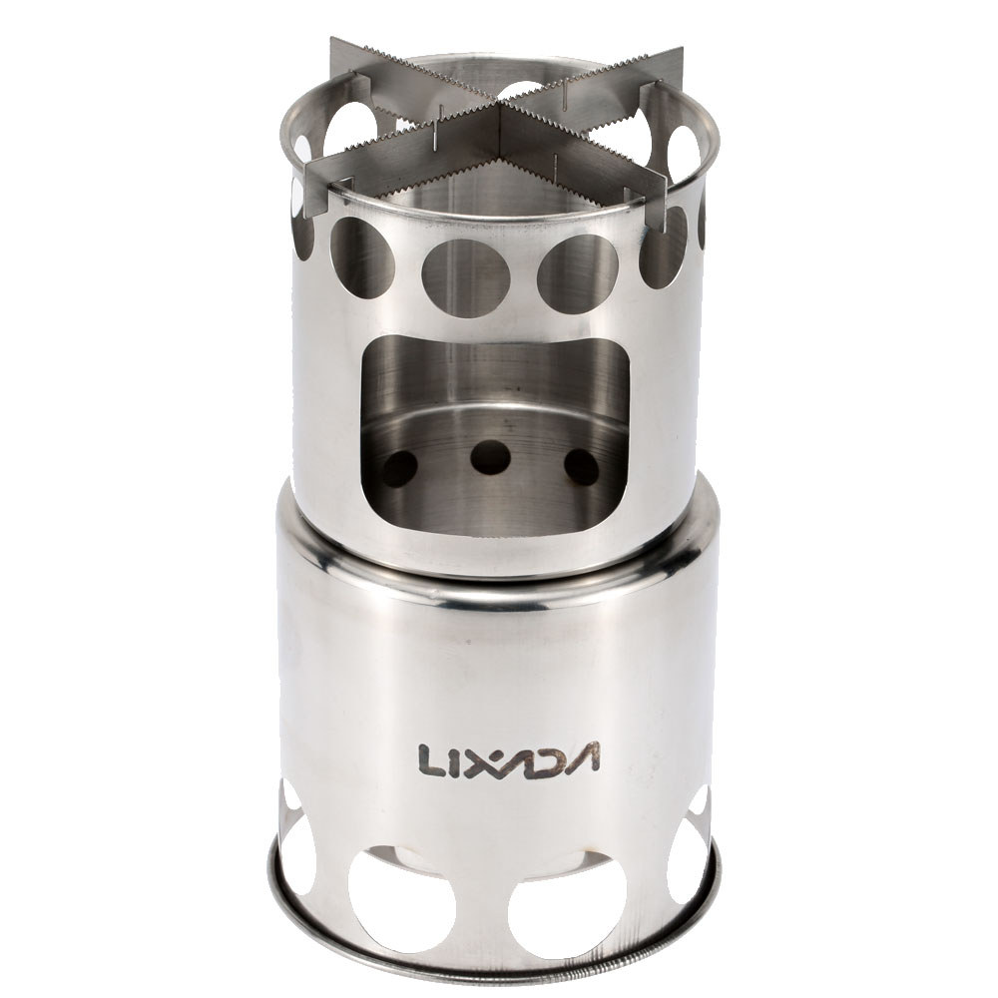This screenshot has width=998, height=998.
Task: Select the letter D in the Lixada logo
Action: [548, 758]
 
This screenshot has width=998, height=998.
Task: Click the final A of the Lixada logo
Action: [584, 758]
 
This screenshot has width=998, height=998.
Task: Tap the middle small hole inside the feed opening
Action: [490, 457]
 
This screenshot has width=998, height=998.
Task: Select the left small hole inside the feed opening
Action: [400, 467]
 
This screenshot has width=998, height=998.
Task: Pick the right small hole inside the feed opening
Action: [581, 466]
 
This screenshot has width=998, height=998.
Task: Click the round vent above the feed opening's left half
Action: [466, 277]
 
